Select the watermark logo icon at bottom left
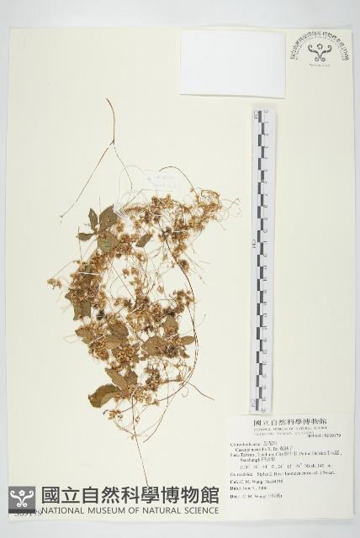click(23, 499)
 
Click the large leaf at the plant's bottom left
click(103, 395)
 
